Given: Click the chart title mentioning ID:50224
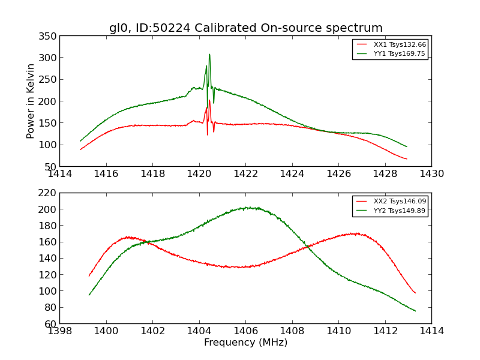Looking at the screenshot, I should click(x=245, y=28).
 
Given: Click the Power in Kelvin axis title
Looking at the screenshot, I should click(x=31, y=101).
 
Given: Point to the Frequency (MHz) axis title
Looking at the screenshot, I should click(x=245, y=343).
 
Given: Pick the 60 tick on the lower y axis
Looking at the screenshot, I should click(x=51, y=323).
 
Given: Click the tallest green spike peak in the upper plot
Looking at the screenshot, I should click(x=209, y=55).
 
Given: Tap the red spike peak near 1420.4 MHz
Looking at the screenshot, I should click(x=209, y=100).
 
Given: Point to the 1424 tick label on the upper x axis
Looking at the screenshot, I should click(x=292, y=174).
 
